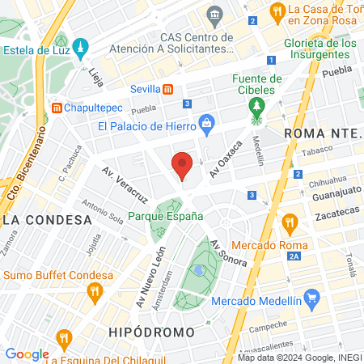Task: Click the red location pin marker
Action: (x=183, y=165)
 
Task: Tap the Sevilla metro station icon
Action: (x=167, y=89)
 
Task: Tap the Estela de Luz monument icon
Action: (x=81, y=48)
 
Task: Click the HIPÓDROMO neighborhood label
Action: (x=150, y=332)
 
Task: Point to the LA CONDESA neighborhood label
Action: (x=46, y=220)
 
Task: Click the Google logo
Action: (x=27, y=353)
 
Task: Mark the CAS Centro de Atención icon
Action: (x=215, y=14)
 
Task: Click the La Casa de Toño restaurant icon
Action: (x=277, y=11)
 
